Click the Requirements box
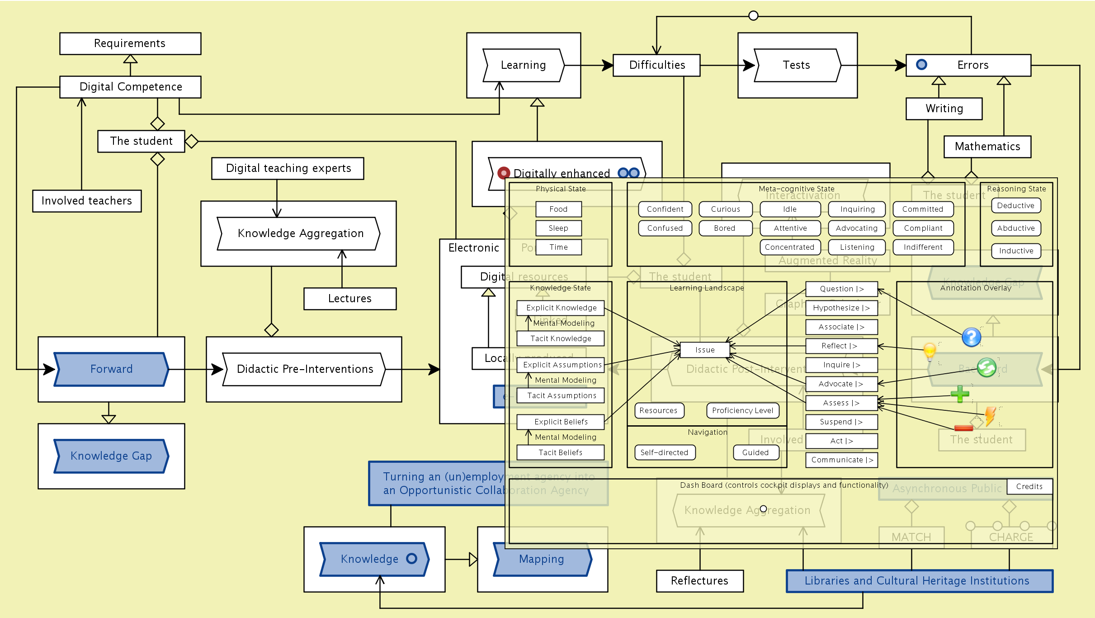click(130, 43)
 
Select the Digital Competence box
click(130, 87)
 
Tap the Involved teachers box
click(87, 201)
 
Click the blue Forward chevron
click(111, 369)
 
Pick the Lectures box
click(350, 299)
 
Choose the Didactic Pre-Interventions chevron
click(304, 369)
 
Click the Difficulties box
click(656, 65)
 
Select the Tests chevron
click(797, 65)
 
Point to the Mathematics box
click(987, 147)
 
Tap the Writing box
click(944, 109)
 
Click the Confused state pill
click(665, 228)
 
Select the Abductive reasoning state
click(1016, 228)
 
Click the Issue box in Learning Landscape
click(705, 350)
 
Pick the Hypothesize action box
click(841, 308)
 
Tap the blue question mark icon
click(971, 337)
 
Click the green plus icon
click(959, 394)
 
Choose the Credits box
click(1029, 486)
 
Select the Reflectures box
click(700, 581)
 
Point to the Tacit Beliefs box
click(561, 452)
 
